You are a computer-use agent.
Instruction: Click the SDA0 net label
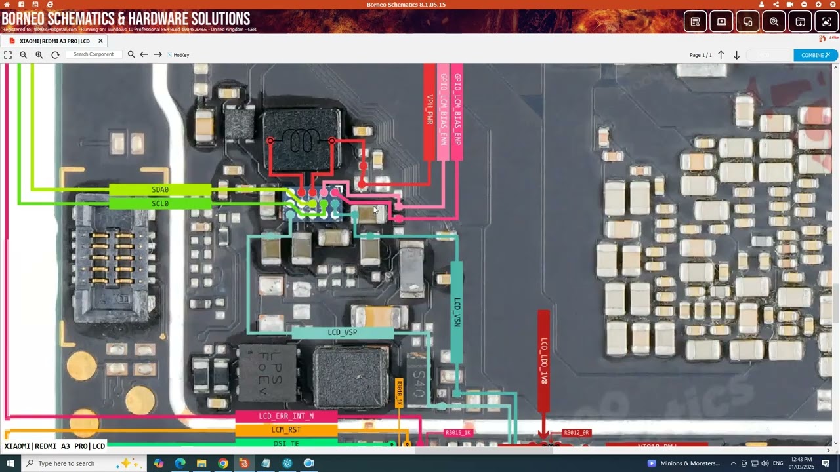(x=160, y=190)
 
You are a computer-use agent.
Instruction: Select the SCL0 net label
(x=160, y=204)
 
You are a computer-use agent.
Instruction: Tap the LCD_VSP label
(x=342, y=332)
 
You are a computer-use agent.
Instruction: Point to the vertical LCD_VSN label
(x=457, y=313)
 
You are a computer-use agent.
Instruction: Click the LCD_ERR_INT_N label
(x=286, y=416)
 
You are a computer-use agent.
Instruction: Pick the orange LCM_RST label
(x=286, y=430)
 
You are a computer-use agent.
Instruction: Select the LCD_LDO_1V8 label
(x=543, y=361)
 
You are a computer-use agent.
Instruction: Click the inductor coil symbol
(x=301, y=140)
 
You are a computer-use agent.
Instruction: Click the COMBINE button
(x=815, y=55)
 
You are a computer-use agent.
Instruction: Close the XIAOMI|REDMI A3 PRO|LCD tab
(x=100, y=41)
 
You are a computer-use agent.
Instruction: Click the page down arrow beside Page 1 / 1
(x=736, y=55)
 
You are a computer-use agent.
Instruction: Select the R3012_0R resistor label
(x=576, y=433)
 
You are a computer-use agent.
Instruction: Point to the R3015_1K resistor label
(x=458, y=433)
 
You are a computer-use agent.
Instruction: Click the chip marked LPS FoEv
(x=268, y=372)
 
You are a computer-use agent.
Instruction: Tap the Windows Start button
(x=10, y=463)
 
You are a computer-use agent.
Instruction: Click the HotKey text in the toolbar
(x=181, y=55)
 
